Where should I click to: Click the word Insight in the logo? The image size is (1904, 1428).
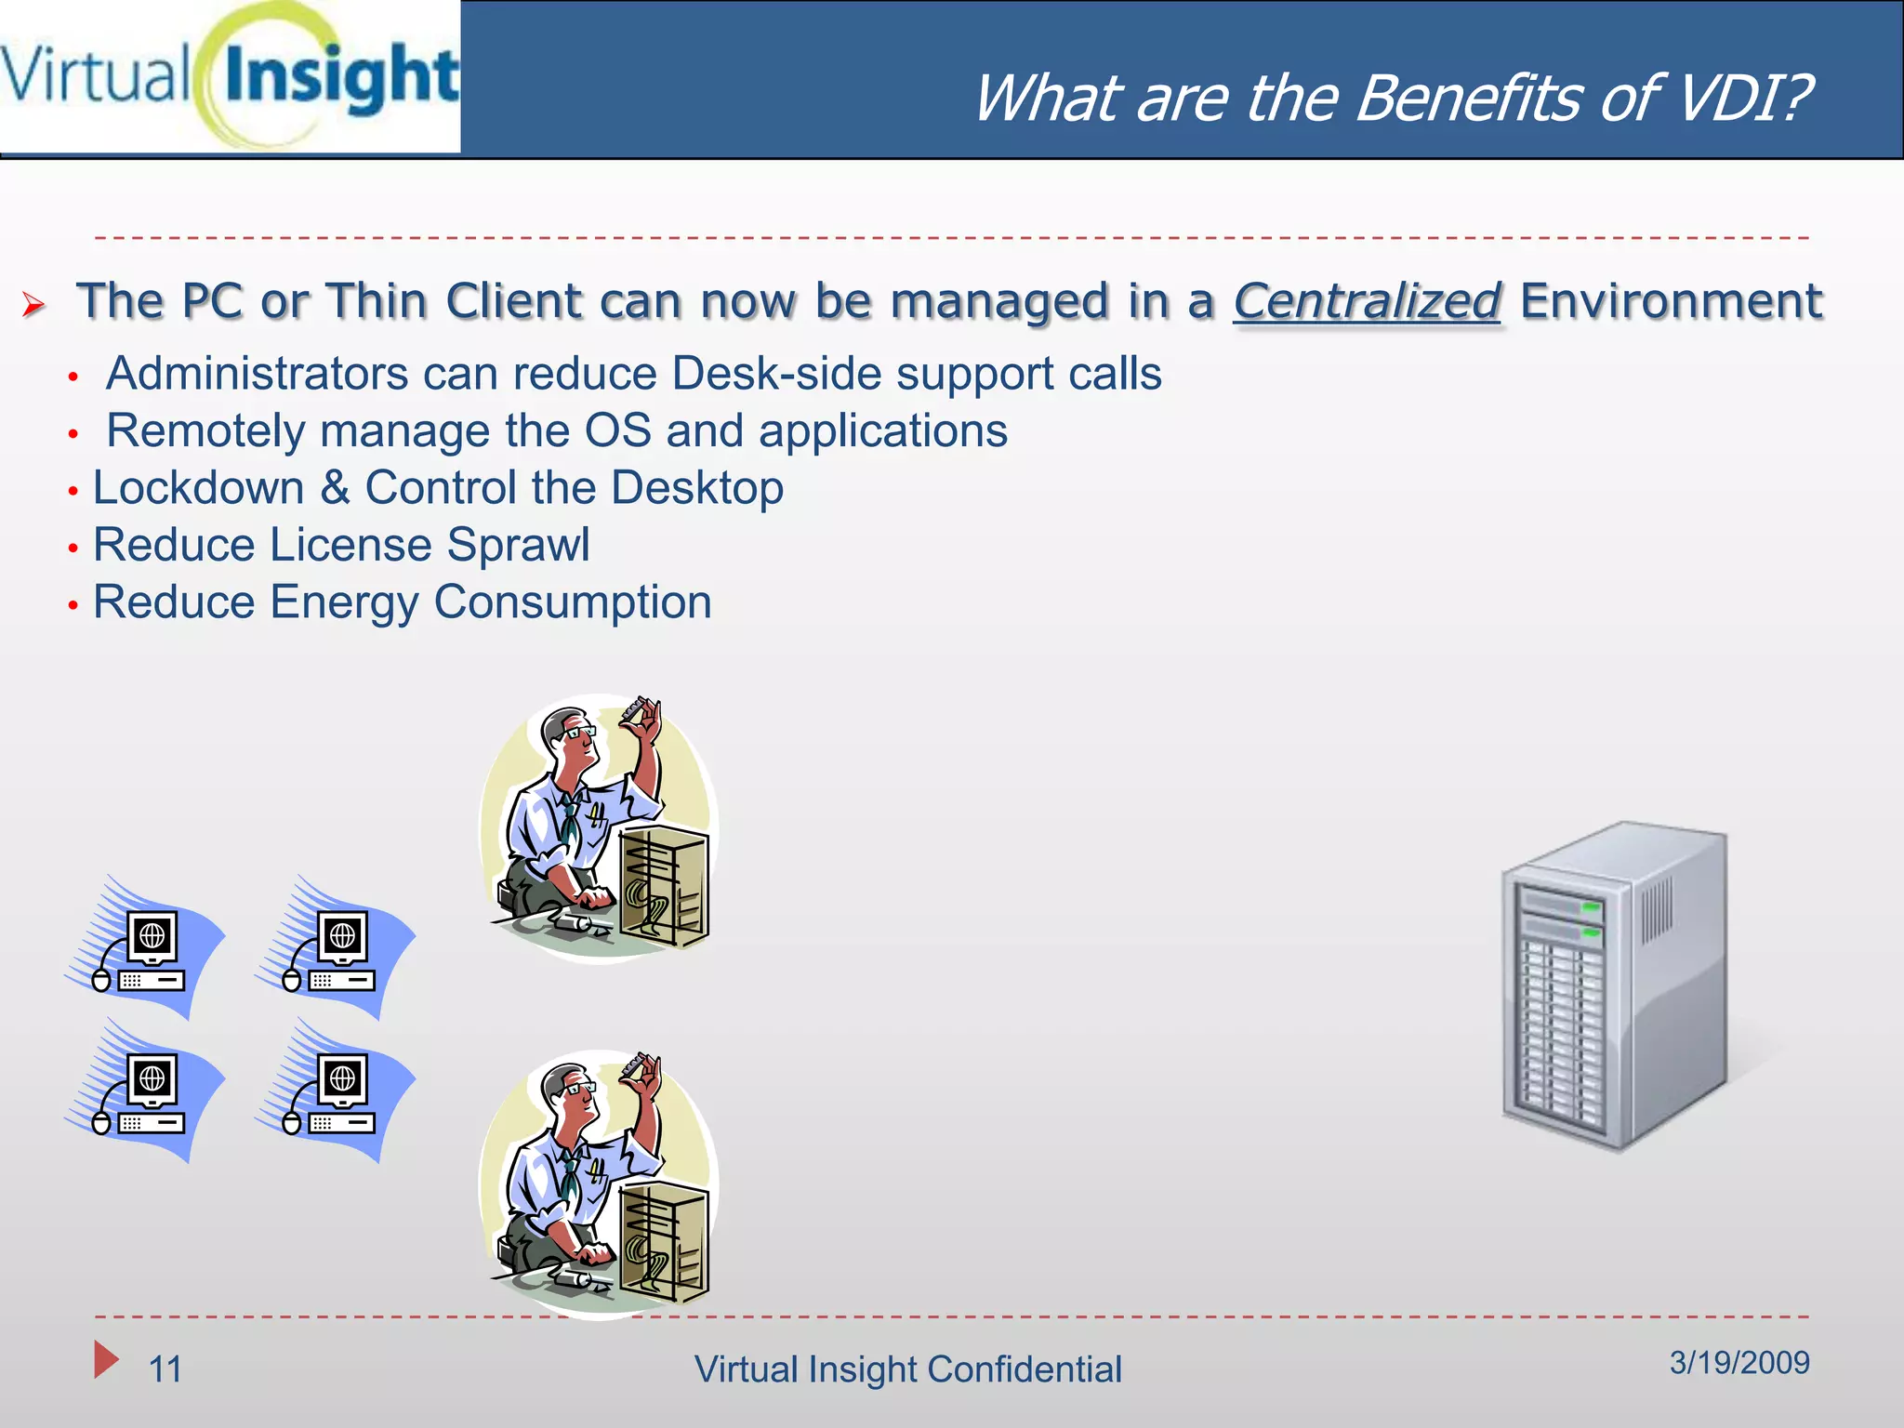(x=342, y=79)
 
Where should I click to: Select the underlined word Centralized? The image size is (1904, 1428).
(x=1367, y=302)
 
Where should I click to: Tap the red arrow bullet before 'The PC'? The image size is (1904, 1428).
(x=34, y=304)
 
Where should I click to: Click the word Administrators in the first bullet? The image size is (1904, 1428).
(x=257, y=374)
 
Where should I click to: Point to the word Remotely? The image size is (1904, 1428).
(x=205, y=431)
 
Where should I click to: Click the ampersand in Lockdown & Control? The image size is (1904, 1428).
(x=335, y=489)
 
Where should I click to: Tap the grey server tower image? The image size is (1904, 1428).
(x=1614, y=985)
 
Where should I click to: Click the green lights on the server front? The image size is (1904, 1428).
(x=1591, y=919)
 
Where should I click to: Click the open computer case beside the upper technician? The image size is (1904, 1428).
(x=664, y=888)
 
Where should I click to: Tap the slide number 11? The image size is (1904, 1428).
(x=165, y=1369)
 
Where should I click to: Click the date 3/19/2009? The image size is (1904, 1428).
(x=1739, y=1363)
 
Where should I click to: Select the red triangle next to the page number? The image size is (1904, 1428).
(x=105, y=1359)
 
